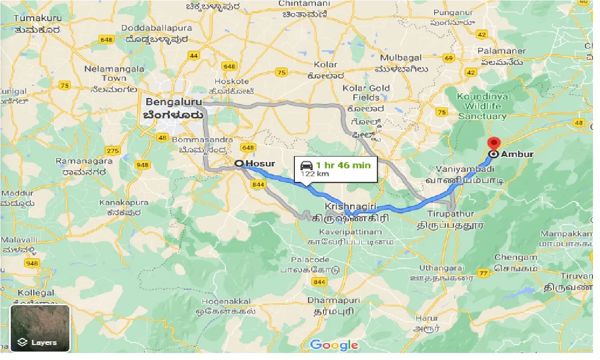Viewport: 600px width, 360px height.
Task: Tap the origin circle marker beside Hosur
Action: [239, 164]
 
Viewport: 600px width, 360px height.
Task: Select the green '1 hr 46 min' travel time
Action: [343, 165]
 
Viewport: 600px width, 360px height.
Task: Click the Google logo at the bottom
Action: [334, 345]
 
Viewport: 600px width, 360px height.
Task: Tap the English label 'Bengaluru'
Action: [173, 102]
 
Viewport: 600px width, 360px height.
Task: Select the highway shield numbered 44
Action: [194, 56]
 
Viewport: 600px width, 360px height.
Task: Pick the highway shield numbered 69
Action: [449, 58]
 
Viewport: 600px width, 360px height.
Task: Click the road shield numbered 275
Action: [112, 151]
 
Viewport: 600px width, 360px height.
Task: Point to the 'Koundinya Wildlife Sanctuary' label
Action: [482, 107]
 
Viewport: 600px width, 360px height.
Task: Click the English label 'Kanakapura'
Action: [124, 202]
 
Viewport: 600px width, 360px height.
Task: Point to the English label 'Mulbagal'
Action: [401, 58]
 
